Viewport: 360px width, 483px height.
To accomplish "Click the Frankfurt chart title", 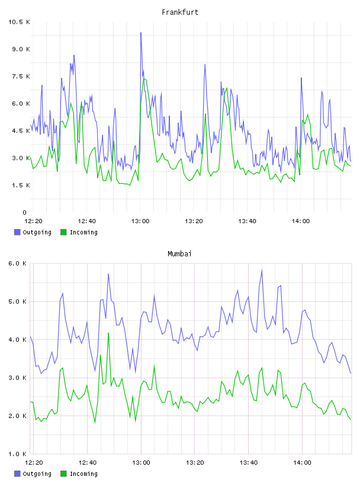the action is (180, 12).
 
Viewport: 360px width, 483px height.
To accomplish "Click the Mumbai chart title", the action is (179, 254).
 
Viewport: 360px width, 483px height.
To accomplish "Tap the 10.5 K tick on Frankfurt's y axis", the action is (19, 22).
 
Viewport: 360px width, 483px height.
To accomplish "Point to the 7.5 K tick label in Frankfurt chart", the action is (21, 76).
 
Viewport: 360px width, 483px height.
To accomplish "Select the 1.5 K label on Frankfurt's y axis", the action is (21, 185).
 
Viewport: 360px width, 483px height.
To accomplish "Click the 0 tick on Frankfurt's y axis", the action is (25, 212).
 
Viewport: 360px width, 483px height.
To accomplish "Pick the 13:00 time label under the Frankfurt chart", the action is (140, 221).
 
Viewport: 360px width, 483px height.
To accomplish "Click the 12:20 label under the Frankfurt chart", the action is (33, 221).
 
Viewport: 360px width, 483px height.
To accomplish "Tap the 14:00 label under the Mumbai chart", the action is (302, 463).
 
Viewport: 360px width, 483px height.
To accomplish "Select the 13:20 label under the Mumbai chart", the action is (195, 463).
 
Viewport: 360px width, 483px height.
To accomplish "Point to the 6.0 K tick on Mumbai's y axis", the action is (18, 263).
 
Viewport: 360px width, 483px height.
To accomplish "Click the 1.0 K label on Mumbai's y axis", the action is (18, 454).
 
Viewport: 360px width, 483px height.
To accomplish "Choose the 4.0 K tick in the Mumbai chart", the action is (18, 339).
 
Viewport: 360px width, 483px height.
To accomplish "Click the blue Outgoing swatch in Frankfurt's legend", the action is (17, 232).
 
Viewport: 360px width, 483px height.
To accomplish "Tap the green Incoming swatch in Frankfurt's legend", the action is (63, 232).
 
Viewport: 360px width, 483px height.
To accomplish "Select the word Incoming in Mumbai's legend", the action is (83, 474).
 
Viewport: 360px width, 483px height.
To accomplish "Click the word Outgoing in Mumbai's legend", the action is (37, 474).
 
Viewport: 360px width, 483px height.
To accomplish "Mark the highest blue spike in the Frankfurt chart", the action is (141, 33).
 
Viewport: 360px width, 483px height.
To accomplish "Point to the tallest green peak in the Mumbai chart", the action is (108, 333).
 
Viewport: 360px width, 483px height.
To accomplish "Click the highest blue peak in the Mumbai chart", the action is (262, 270).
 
